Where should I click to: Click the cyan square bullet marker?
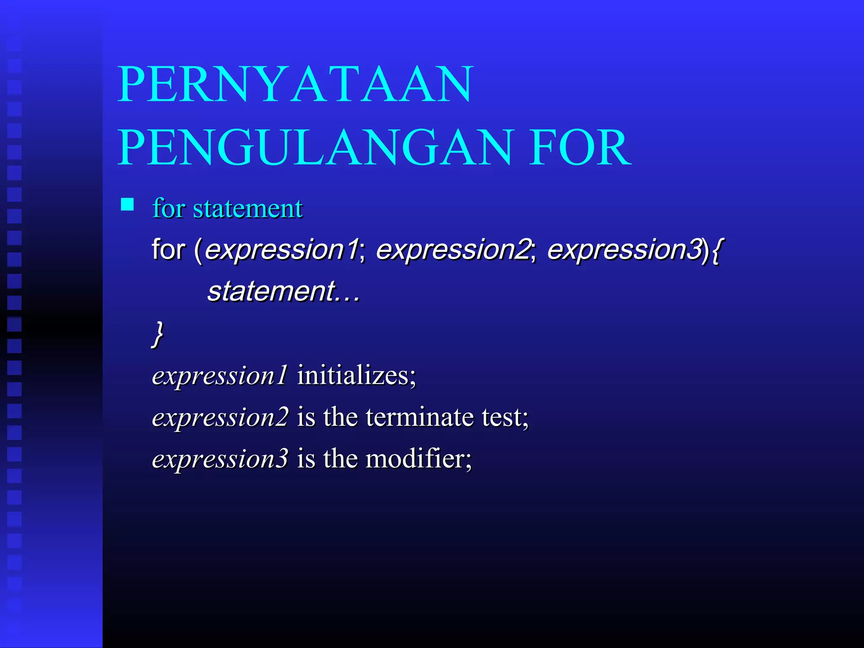tap(127, 205)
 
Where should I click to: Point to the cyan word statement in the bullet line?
tap(248, 208)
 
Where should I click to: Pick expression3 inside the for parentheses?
tap(624, 249)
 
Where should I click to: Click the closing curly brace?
tap(158, 334)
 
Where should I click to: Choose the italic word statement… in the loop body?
tap(283, 292)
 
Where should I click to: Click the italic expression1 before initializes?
tap(220, 376)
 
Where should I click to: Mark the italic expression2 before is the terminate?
tap(220, 418)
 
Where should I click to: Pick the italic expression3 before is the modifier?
tap(220, 459)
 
